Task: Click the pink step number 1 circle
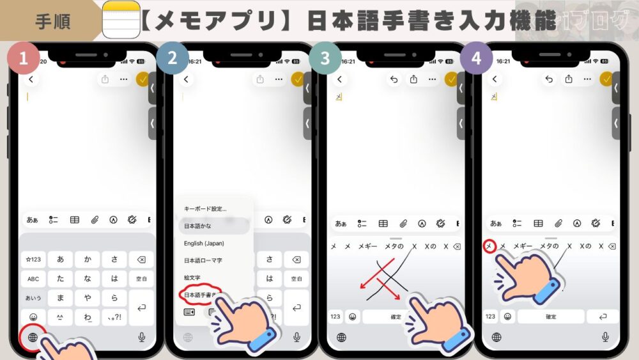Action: (x=24, y=59)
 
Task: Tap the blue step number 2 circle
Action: (x=173, y=59)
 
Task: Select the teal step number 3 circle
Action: (x=325, y=59)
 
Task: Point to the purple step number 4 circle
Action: (x=477, y=59)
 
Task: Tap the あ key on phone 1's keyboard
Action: (x=60, y=260)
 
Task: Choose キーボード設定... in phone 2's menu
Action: (x=205, y=209)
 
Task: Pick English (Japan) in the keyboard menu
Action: (x=204, y=244)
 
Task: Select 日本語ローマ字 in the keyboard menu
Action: (x=204, y=261)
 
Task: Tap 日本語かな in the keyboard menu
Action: (x=199, y=226)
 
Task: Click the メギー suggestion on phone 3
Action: (x=367, y=246)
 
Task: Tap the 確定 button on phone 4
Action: (x=551, y=317)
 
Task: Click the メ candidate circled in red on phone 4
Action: (x=489, y=246)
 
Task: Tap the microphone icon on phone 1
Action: (x=141, y=337)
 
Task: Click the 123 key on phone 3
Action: (x=335, y=317)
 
